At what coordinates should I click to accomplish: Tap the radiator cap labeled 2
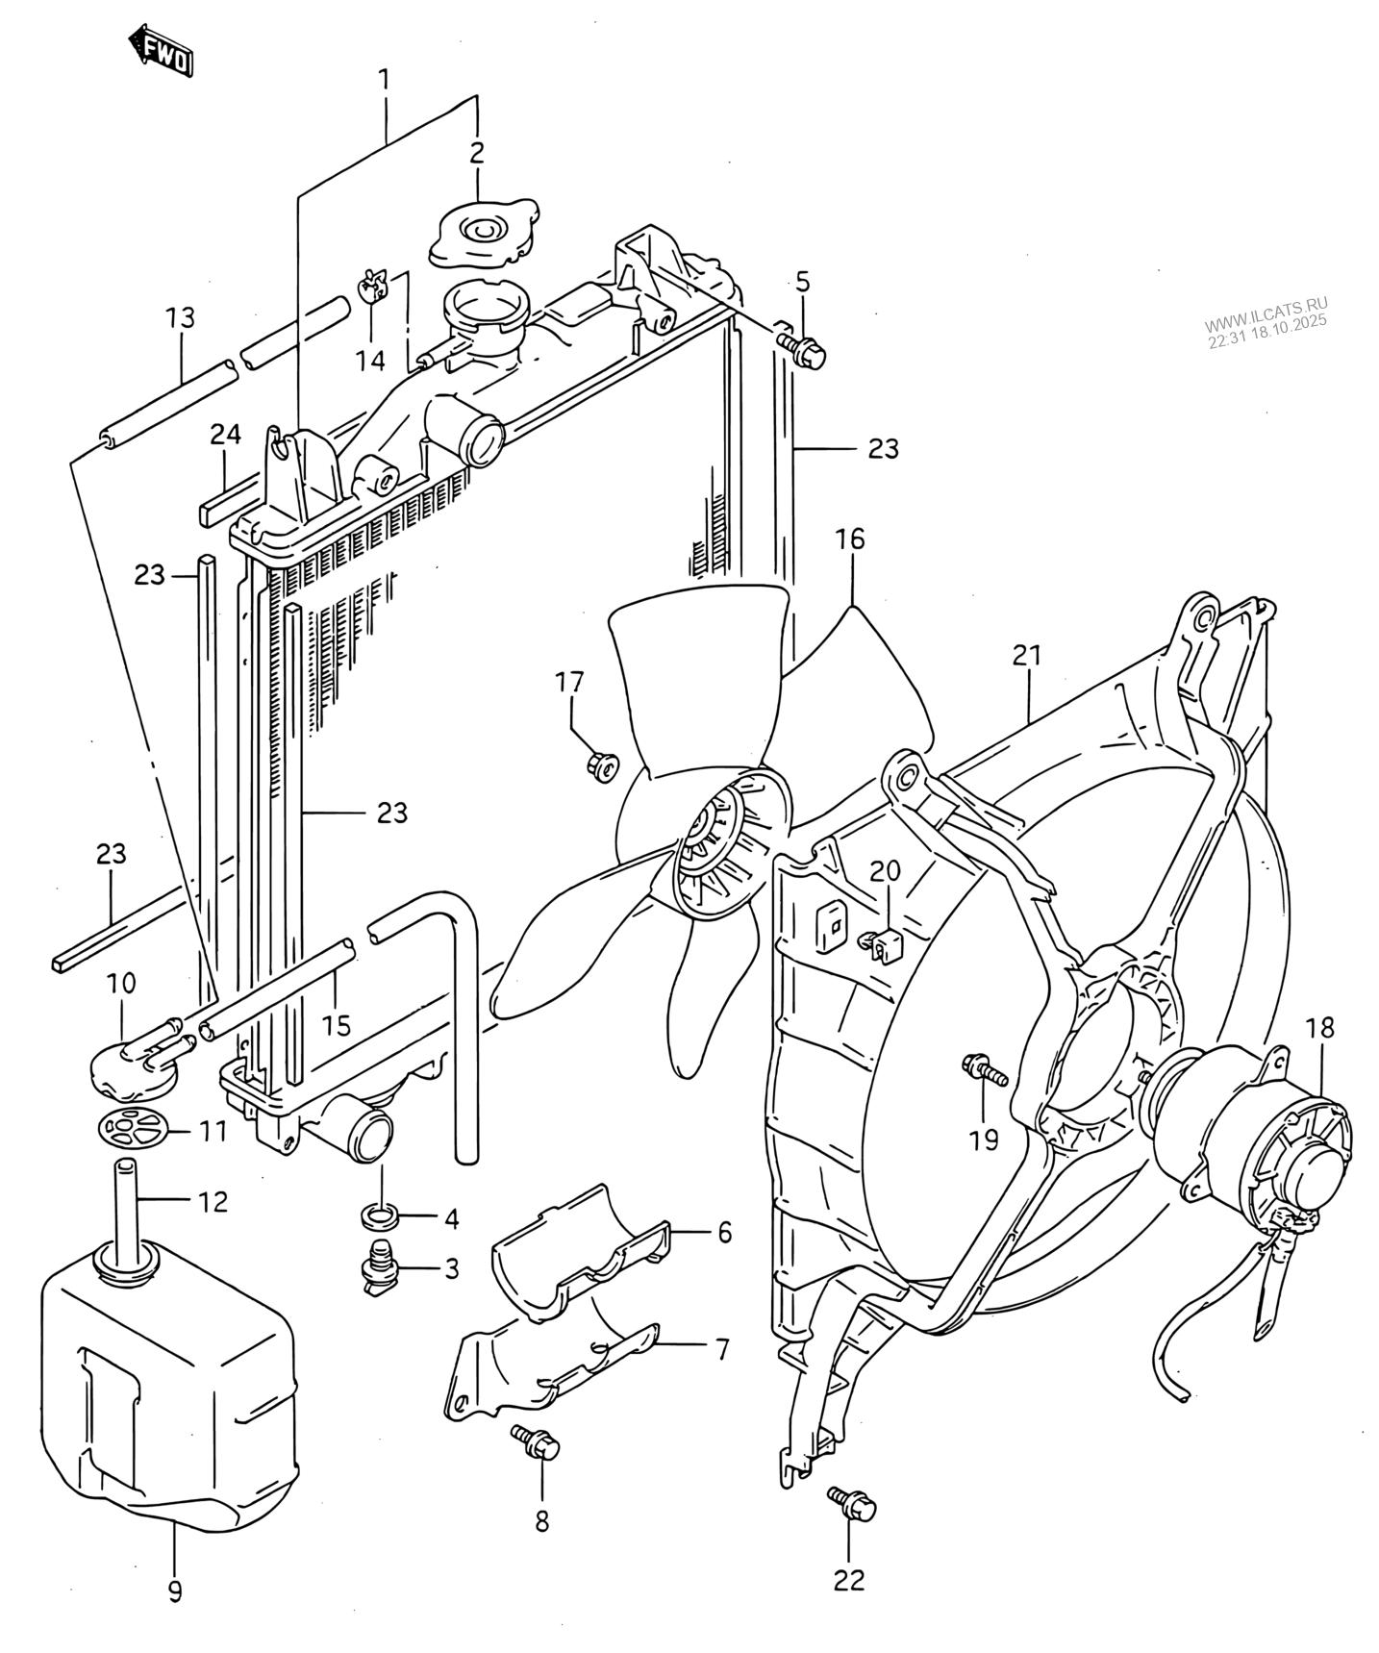[482, 231]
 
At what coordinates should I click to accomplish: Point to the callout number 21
[1027, 655]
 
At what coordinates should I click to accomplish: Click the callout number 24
[225, 435]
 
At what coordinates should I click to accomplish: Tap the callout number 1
[384, 79]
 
